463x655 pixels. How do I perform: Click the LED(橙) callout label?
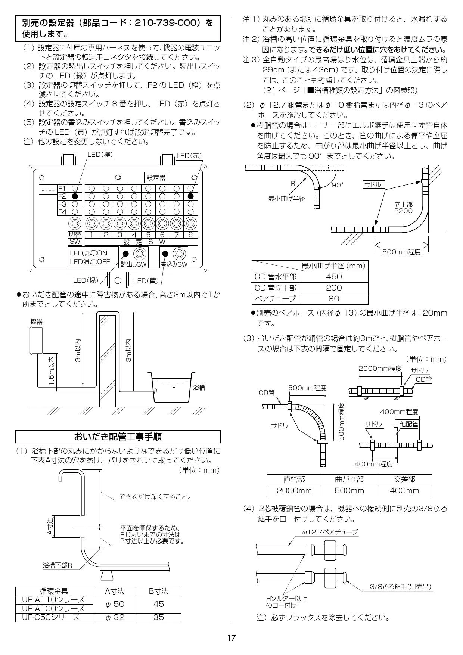point(100,155)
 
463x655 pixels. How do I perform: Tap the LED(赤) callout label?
point(189,156)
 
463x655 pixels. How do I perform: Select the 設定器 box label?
point(156,178)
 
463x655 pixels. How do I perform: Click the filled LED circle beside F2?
point(75,196)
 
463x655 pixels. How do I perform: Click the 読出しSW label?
point(134,264)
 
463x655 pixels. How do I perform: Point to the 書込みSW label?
point(174,264)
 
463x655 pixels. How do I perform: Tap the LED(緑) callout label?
point(86,280)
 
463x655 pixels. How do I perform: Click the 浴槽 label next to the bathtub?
point(199,388)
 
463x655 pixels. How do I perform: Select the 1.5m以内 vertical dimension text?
point(52,371)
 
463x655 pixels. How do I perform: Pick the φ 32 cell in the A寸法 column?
point(115,617)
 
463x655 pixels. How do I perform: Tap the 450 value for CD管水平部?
point(334,276)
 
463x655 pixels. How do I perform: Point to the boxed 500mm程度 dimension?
point(401,252)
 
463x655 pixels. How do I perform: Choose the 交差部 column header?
point(404,479)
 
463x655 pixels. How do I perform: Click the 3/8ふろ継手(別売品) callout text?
point(400,587)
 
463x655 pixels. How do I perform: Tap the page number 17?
point(232,638)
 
